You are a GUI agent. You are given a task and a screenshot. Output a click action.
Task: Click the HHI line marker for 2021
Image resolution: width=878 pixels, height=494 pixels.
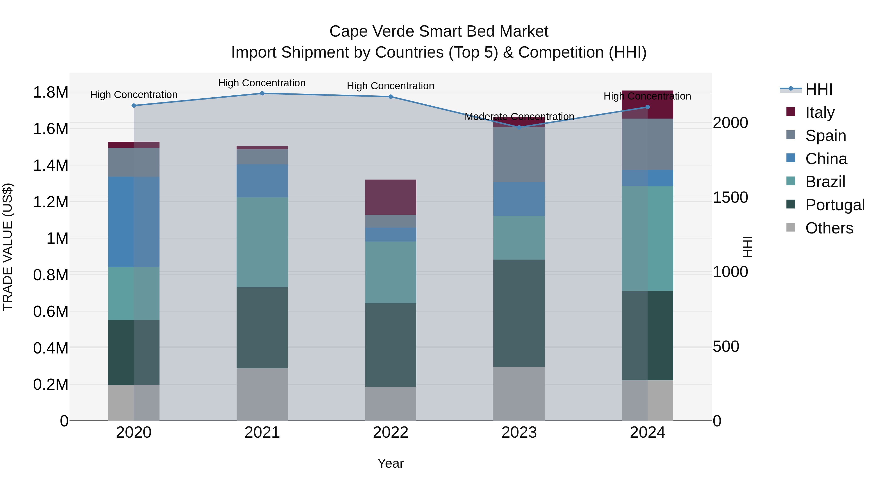tap(262, 93)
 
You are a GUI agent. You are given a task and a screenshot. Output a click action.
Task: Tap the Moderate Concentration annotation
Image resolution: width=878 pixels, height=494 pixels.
tap(519, 117)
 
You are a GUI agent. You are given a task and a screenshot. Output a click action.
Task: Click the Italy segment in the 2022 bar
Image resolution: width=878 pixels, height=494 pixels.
tap(391, 197)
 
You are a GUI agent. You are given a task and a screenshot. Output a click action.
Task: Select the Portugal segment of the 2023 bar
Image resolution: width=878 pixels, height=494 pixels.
tap(519, 313)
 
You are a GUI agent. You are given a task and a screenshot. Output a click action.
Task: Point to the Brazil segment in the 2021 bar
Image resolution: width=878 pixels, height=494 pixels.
tap(262, 242)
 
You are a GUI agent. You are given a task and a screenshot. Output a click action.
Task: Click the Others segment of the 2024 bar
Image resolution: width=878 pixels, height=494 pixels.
tap(647, 400)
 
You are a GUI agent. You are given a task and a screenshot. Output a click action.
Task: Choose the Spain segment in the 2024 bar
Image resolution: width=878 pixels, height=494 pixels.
tap(647, 144)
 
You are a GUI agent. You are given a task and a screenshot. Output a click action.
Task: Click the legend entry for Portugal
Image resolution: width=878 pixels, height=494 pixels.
tap(835, 205)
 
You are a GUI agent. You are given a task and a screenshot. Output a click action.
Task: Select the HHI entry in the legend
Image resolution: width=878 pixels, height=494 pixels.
tap(819, 89)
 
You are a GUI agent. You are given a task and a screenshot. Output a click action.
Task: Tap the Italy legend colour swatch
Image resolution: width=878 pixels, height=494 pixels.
tap(790, 112)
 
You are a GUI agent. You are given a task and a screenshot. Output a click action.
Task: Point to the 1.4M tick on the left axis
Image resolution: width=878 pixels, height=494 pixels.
tap(50, 166)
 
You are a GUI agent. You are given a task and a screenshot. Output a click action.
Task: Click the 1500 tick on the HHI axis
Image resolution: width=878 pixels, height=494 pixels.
tap(730, 197)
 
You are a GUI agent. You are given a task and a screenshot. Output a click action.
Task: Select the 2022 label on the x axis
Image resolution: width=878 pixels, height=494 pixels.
tap(391, 433)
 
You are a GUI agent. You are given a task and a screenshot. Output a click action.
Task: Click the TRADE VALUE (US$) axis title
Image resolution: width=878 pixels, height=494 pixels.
tap(8, 247)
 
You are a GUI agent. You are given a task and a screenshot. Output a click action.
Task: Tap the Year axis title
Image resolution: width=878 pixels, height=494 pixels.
tap(391, 463)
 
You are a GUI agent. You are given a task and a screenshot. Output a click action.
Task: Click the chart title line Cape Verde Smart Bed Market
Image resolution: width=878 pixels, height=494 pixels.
tap(439, 31)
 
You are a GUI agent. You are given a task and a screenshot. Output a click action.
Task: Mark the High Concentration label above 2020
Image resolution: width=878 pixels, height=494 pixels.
tap(134, 95)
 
